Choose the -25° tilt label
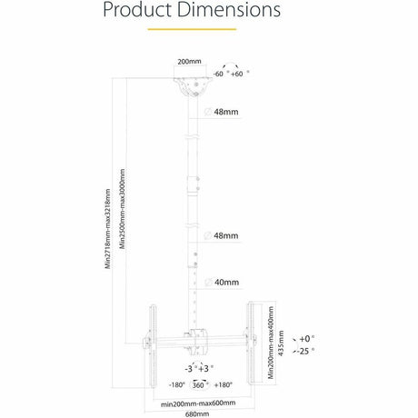click(x=307, y=351)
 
